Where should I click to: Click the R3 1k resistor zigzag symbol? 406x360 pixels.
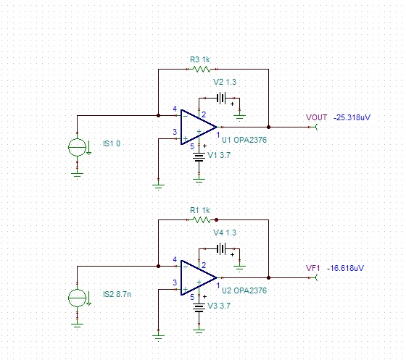coord(202,69)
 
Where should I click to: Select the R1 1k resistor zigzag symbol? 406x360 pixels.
coord(202,219)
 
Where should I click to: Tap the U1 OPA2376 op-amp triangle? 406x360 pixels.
coord(199,127)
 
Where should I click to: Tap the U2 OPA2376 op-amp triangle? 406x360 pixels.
coord(199,277)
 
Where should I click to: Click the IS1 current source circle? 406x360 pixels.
coord(77,147)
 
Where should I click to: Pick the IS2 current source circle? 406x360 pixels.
coord(77,298)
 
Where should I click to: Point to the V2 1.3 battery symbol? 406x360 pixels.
coord(221,99)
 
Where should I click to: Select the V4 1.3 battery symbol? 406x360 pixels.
coord(221,248)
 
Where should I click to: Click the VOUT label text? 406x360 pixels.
coord(316,117)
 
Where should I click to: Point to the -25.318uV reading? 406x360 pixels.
coord(352,117)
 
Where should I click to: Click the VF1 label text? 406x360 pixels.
coord(313,268)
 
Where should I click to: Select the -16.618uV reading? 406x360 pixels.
coord(345,268)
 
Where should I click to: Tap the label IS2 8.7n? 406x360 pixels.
coord(117,294)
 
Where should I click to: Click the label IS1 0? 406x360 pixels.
coord(112,143)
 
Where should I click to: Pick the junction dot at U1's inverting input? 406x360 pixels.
coord(159,115)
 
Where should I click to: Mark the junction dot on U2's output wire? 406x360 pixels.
coord(268,277)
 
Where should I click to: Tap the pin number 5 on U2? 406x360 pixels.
coord(192,297)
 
